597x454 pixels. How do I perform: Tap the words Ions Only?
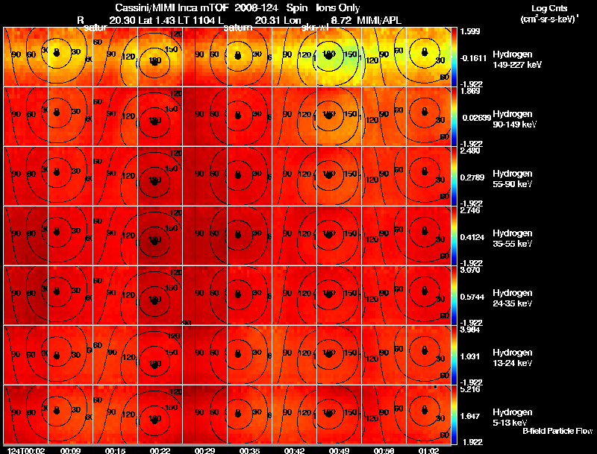pos(338,7)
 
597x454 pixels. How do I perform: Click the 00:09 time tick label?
pos(70,450)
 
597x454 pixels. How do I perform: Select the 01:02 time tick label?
pos(428,450)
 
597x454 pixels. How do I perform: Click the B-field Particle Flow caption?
pos(557,431)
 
